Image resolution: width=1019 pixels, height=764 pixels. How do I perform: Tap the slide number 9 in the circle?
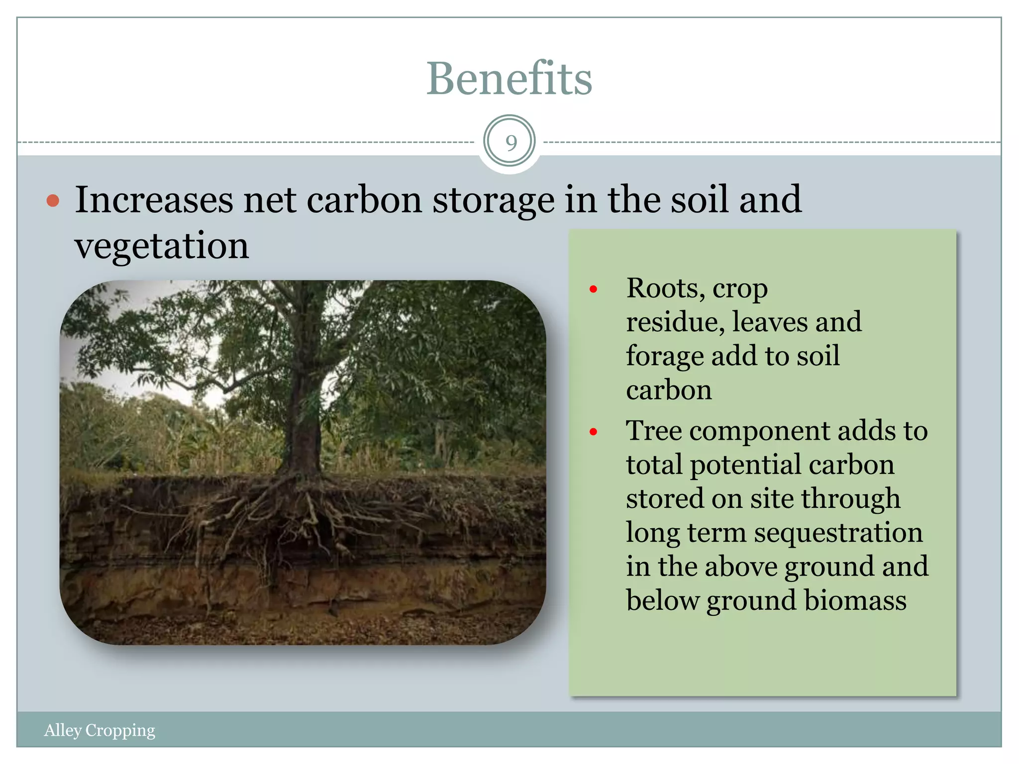(x=510, y=143)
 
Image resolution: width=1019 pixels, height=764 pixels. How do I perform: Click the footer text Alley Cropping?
(x=100, y=730)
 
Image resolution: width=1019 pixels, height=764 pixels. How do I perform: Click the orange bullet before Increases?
(x=53, y=201)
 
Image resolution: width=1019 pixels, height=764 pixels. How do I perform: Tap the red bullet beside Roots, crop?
(x=593, y=289)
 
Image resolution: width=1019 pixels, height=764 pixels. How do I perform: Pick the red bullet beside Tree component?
(x=593, y=432)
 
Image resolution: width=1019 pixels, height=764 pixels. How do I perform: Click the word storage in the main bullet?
(x=493, y=200)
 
